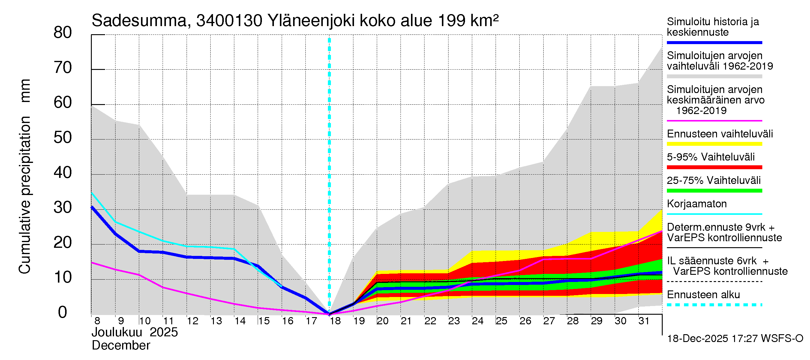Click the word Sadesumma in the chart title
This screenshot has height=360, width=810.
click(x=139, y=21)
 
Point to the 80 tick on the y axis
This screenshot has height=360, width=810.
click(x=63, y=32)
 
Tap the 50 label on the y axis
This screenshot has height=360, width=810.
click(x=63, y=138)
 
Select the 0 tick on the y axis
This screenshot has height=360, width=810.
click(x=63, y=313)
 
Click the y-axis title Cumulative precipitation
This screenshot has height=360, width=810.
click(x=25, y=195)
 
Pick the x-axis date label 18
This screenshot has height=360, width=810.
click(x=335, y=321)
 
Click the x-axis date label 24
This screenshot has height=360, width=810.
click(x=478, y=321)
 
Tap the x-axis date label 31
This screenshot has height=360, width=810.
click(x=644, y=321)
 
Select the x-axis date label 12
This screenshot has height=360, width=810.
click(x=192, y=321)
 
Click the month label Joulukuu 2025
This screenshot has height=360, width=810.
click(x=135, y=332)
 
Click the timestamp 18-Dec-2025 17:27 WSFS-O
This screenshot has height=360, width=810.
click(x=735, y=339)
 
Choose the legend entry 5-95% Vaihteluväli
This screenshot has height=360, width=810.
click(x=711, y=157)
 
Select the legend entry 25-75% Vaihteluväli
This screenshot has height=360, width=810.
click(x=714, y=181)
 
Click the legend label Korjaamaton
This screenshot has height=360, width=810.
click(x=697, y=204)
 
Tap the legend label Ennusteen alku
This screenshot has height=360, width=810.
click(x=703, y=295)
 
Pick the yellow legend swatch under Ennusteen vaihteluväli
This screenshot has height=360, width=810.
click(x=714, y=144)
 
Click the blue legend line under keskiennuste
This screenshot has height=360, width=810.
click(x=714, y=42)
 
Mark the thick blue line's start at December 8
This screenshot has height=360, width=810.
click(x=92, y=207)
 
